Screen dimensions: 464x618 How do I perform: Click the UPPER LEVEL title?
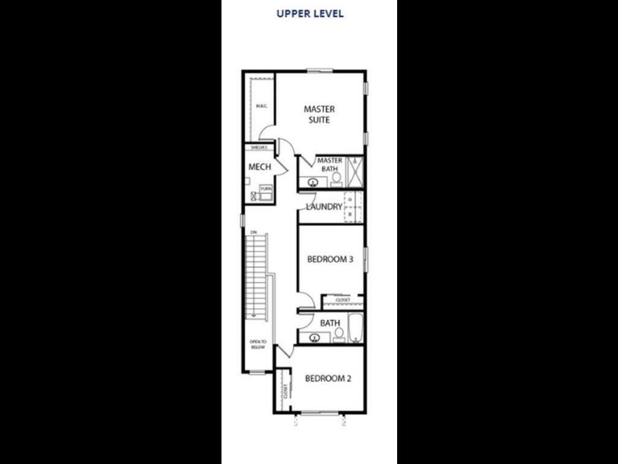(310, 13)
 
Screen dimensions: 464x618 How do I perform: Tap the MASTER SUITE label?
(319, 114)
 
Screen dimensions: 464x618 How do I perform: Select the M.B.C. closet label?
(261, 106)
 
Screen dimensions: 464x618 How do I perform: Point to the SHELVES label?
(259, 147)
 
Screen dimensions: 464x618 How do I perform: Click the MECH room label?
(260, 167)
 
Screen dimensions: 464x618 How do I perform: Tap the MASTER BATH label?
(330, 164)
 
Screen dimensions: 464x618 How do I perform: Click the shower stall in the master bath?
(355, 172)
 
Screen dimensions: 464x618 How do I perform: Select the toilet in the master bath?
(336, 179)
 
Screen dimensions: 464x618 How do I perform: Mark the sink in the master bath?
(313, 182)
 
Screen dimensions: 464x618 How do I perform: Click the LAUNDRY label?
(324, 207)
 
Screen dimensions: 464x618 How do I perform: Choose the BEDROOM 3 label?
(330, 260)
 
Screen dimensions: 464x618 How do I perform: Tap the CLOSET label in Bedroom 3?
(343, 300)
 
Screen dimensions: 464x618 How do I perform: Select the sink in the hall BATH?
(314, 338)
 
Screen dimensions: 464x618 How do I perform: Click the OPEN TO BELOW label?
(258, 344)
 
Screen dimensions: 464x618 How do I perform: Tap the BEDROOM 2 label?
(328, 379)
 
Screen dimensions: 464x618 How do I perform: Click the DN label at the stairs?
(254, 233)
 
